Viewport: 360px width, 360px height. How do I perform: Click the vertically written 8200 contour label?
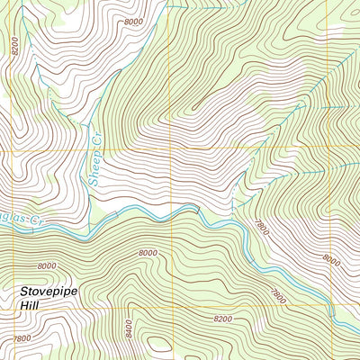[15, 46]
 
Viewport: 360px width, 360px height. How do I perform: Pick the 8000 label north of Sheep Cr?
[133, 21]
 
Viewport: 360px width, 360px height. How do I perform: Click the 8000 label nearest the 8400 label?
[148, 254]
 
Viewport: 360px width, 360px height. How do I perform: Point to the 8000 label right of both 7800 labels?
[331, 259]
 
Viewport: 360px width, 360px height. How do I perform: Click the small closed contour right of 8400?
[159, 343]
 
